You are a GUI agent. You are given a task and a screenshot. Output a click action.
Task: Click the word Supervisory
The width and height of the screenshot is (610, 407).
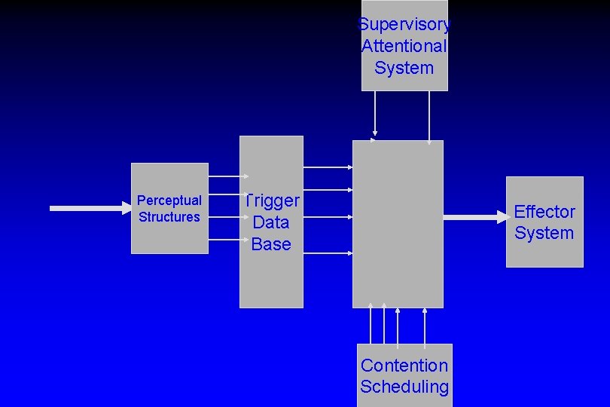[x=404, y=25]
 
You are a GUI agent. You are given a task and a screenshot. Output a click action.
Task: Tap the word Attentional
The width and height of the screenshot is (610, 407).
[x=404, y=46]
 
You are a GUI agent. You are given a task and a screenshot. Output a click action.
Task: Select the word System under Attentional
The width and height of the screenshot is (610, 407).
[x=404, y=68]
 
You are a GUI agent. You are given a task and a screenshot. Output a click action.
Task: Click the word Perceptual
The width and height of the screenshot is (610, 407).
[x=169, y=200]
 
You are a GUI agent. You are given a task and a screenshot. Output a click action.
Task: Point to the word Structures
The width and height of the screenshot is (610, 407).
[x=169, y=217]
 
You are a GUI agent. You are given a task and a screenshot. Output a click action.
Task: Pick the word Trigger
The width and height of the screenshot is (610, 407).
[x=272, y=200]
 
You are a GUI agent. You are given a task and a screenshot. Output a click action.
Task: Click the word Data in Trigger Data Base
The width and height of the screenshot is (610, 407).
[x=271, y=222]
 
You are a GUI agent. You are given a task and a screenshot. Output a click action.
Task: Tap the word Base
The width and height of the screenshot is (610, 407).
[x=271, y=244]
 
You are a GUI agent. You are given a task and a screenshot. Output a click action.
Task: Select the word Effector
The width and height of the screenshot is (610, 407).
[x=544, y=212]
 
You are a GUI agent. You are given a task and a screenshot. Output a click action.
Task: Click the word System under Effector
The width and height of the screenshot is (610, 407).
[x=544, y=233]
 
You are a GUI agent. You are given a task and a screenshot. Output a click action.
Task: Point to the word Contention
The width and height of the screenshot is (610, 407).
[x=404, y=366]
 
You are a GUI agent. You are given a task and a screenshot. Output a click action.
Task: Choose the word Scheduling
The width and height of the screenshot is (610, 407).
[x=404, y=387]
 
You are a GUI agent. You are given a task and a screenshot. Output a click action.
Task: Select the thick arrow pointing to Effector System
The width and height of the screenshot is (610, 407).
[x=476, y=217]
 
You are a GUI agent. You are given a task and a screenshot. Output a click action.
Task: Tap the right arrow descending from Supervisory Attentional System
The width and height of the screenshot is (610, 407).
[x=429, y=116]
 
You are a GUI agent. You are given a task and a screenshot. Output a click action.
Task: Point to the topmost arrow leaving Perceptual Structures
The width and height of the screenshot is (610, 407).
[x=224, y=177]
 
